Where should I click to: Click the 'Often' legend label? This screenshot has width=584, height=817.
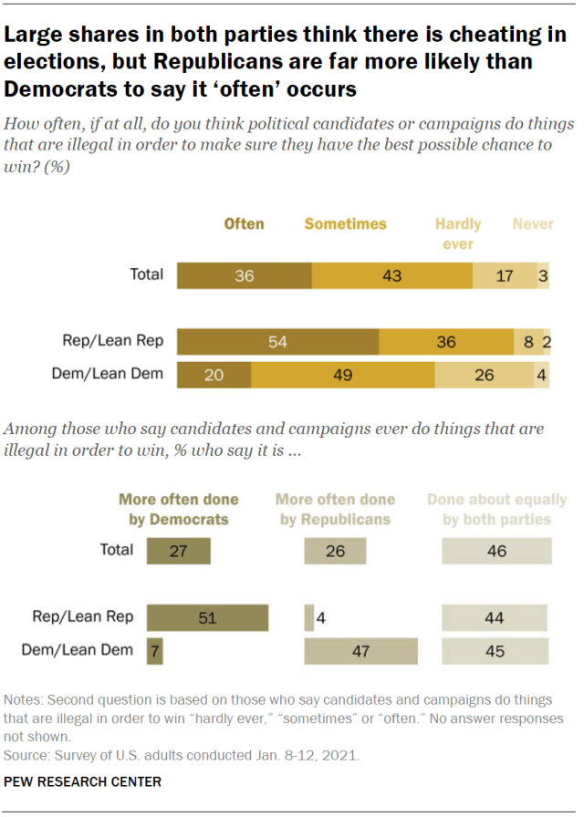click(244, 223)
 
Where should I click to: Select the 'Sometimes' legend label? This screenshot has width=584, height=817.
click(345, 223)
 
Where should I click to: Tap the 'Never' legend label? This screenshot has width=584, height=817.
click(533, 223)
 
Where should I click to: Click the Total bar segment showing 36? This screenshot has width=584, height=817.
click(244, 274)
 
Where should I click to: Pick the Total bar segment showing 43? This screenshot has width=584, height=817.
click(391, 274)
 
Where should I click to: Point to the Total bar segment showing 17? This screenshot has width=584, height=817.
click(504, 274)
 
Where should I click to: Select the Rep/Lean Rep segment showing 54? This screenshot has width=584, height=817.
click(277, 343)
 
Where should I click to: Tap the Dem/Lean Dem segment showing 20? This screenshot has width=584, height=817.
click(214, 376)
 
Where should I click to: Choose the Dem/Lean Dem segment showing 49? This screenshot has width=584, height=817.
click(342, 376)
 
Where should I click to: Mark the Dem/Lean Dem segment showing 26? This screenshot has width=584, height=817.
click(484, 376)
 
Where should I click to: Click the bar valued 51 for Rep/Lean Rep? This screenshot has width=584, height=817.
click(207, 617)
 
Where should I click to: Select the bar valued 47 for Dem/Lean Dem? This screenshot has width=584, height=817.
click(360, 650)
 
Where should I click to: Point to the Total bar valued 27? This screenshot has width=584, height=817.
click(178, 551)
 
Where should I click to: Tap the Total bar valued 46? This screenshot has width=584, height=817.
click(496, 551)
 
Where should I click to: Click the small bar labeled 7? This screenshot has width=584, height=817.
click(154, 650)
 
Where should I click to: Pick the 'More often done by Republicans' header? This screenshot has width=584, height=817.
click(335, 509)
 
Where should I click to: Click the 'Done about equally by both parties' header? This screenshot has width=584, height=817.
click(496, 509)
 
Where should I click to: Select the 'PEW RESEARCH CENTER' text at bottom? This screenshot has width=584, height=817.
click(83, 781)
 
